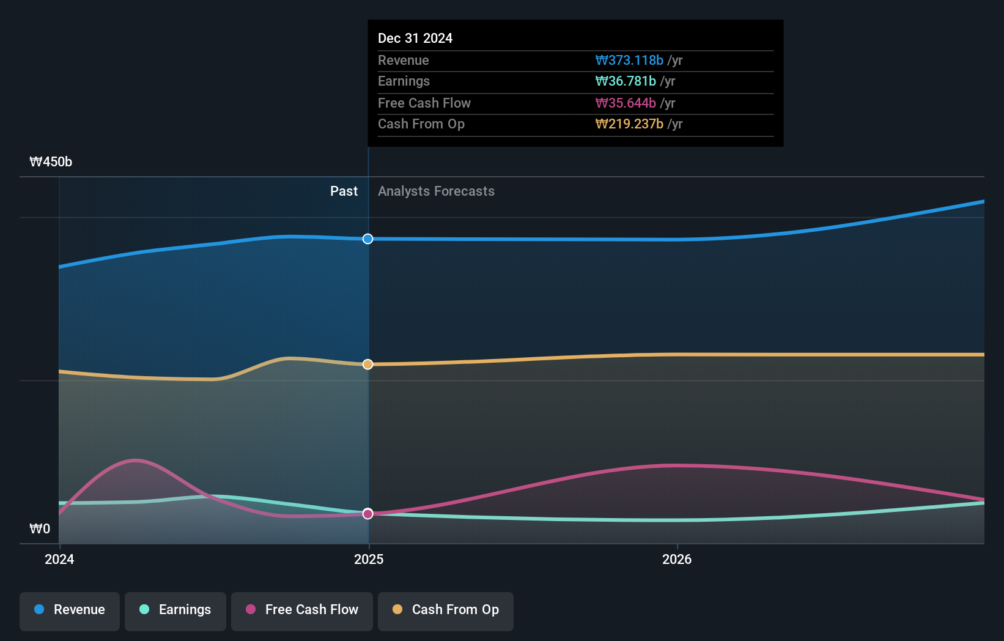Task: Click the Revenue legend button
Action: pyautogui.click(x=70, y=610)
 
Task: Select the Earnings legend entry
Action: pyautogui.click(x=175, y=610)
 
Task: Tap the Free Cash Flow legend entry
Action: pyautogui.click(x=302, y=610)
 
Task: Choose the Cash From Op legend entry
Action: pyautogui.click(x=446, y=610)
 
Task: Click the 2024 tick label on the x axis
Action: pyautogui.click(x=59, y=560)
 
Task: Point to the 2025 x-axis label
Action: pyautogui.click(x=369, y=560)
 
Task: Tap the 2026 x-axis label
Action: pyautogui.click(x=677, y=560)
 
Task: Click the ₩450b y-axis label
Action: pyautogui.click(x=51, y=162)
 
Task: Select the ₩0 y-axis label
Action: pyautogui.click(x=40, y=529)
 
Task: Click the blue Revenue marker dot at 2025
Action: pyautogui.click(x=367, y=239)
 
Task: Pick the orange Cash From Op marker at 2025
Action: pyautogui.click(x=367, y=365)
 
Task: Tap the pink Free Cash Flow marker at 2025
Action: pyautogui.click(x=367, y=514)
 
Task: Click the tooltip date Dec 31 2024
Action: pyautogui.click(x=415, y=39)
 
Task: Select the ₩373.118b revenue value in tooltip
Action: pyautogui.click(x=629, y=61)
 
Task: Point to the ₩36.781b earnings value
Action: pyautogui.click(x=626, y=81)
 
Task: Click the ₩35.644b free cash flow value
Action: pyautogui.click(x=626, y=103)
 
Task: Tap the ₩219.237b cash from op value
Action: pyautogui.click(x=629, y=124)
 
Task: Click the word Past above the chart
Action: pyautogui.click(x=344, y=191)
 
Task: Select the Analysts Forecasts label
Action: pyautogui.click(x=436, y=191)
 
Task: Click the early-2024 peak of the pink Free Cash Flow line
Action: pyautogui.click(x=135, y=460)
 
